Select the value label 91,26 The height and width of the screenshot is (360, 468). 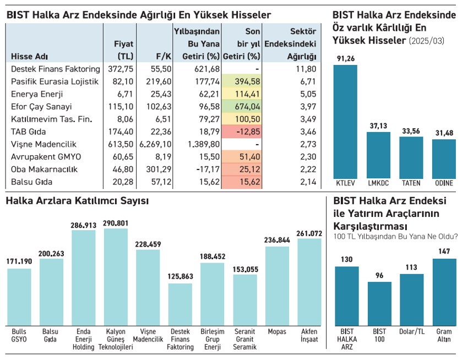coord(345,59)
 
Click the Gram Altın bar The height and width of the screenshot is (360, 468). coord(444,292)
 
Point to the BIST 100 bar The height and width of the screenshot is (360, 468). coord(379,303)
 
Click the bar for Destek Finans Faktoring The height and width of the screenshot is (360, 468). coord(180,304)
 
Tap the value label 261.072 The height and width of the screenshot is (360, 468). coord(309,234)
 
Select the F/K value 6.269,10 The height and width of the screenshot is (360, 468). coord(156,144)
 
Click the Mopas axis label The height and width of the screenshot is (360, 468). coord(277,332)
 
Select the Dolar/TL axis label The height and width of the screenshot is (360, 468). coord(412,332)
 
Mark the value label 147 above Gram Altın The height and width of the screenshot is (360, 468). coord(444,252)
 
